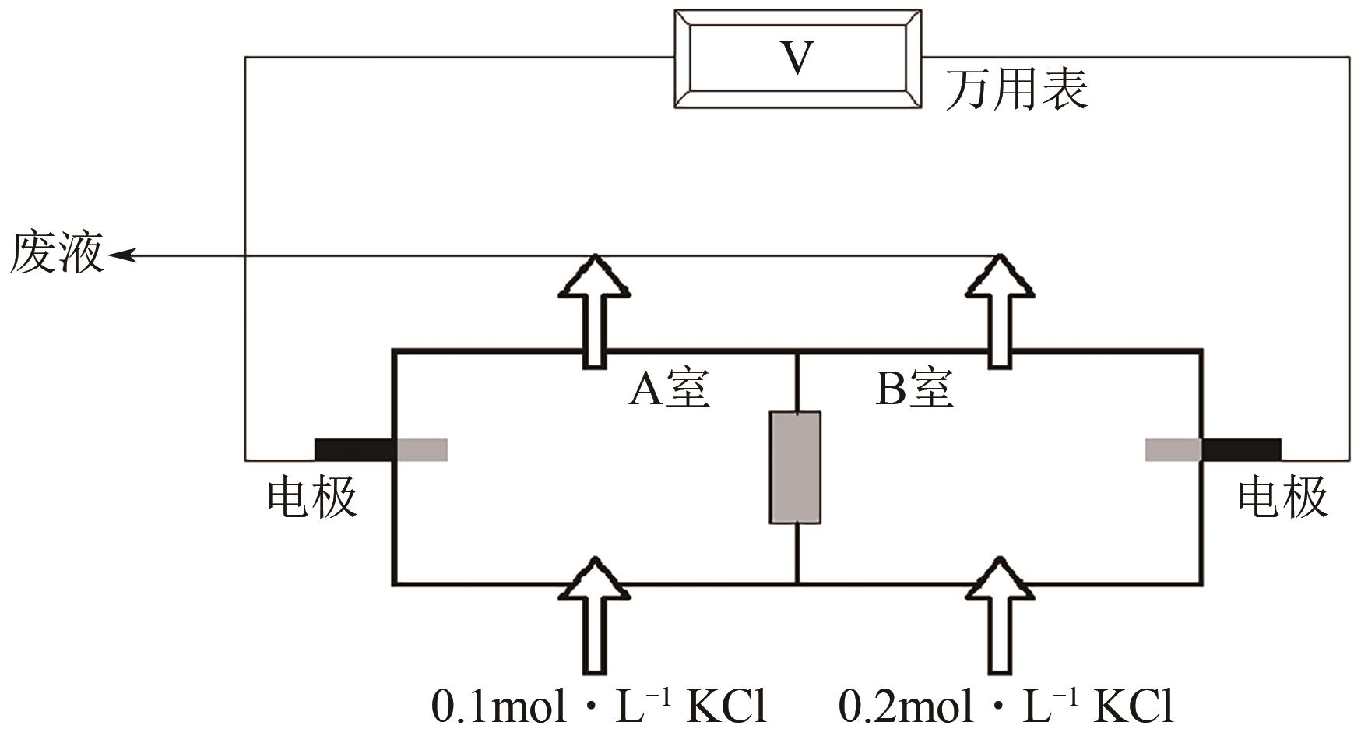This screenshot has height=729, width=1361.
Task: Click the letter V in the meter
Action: tap(797, 58)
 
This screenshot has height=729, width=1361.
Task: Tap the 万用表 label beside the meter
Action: tap(1016, 88)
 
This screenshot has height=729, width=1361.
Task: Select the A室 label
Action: tap(669, 389)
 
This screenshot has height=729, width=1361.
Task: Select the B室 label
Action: tap(914, 389)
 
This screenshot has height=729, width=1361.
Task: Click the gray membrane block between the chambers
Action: tap(795, 467)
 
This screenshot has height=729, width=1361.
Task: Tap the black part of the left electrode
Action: tap(355, 450)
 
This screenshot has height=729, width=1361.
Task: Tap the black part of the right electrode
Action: tap(1241, 450)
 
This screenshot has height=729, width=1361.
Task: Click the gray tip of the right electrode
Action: tap(1173, 450)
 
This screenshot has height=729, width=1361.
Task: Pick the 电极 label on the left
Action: tap(311, 497)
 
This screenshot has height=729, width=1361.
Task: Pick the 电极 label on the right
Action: tap(1282, 497)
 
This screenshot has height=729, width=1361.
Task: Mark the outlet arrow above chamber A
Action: tap(594, 312)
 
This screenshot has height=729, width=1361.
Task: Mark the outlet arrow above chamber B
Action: tap(1000, 312)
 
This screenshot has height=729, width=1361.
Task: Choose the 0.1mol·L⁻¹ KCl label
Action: tap(600, 706)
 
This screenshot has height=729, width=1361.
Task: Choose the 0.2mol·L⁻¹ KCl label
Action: tap(1006, 706)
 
